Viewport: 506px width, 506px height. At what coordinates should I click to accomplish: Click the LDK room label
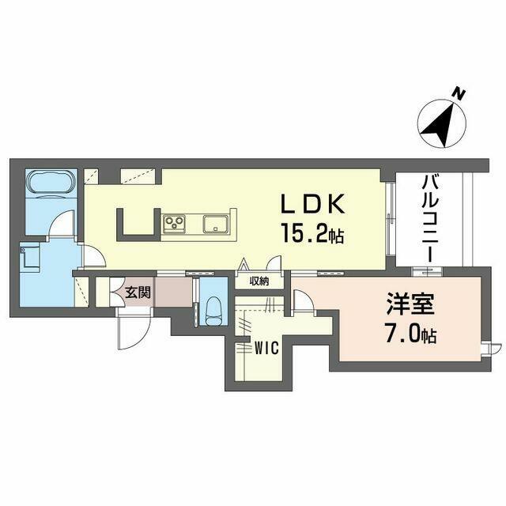pyautogui.click(x=312, y=204)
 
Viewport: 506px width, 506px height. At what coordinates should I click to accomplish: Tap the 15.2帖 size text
pyautogui.click(x=312, y=233)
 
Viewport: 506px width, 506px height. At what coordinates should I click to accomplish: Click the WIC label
pyautogui.click(x=266, y=348)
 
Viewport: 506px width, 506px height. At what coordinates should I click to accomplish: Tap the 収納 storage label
pyautogui.click(x=259, y=281)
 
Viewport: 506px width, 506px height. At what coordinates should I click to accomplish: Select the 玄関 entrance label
pyautogui.click(x=138, y=293)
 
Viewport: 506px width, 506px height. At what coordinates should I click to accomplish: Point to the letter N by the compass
pyautogui.click(x=458, y=93)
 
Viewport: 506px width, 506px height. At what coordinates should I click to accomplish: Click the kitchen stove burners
pyautogui.click(x=174, y=224)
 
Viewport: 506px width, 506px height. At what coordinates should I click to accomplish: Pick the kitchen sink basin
pyautogui.click(x=215, y=224)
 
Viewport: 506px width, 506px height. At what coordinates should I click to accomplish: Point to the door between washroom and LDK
pyautogui.click(x=94, y=255)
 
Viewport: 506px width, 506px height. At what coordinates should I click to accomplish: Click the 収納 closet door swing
pyautogui.click(x=275, y=263)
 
